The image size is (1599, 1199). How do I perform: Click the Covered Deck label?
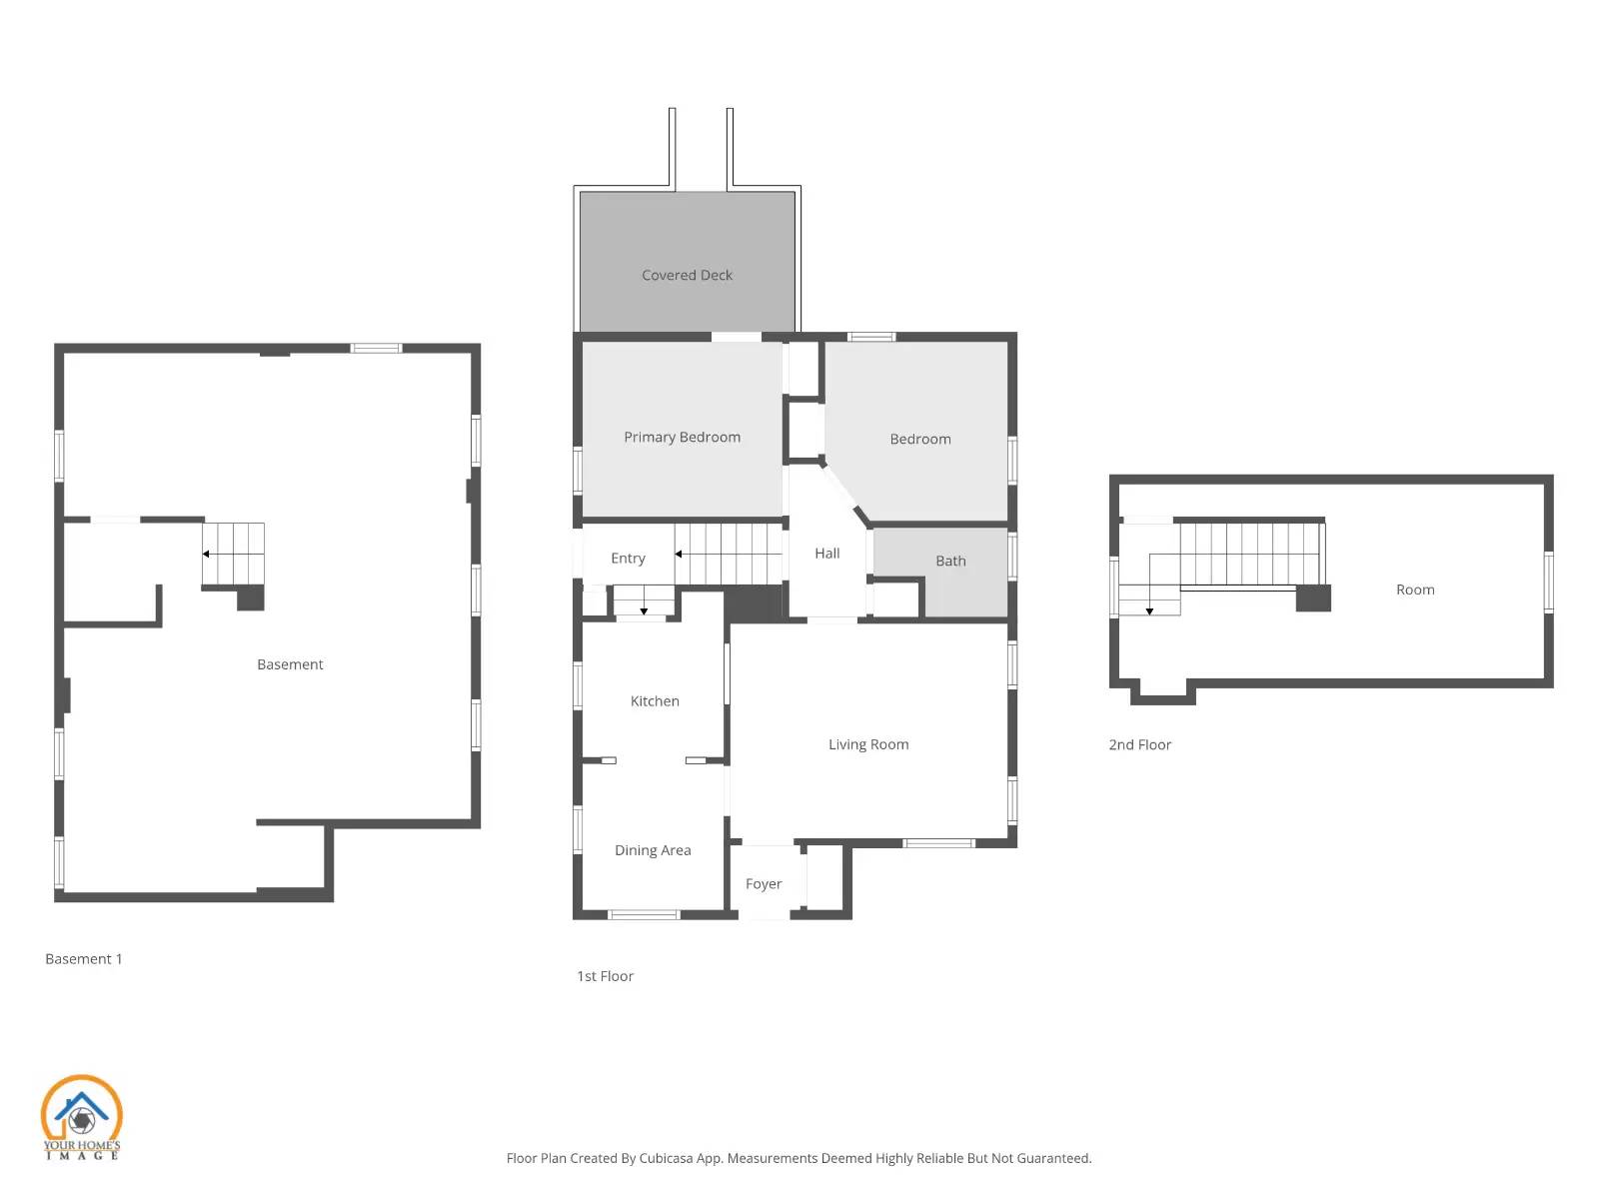click(x=687, y=275)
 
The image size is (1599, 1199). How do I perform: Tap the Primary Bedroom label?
click(x=682, y=437)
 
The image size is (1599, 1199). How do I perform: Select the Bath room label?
click(x=950, y=561)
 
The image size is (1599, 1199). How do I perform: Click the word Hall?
click(x=826, y=553)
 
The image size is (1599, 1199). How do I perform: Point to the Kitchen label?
click(x=655, y=701)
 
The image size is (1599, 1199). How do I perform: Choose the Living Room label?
click(x=867, y=744)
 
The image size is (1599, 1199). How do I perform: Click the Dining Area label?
click(x=653, y=850)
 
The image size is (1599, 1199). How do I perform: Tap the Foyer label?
click(x=764, y=884)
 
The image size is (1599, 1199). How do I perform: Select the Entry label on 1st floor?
click(x=628, y=559)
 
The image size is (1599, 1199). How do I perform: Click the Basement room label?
click(x=290, y=664)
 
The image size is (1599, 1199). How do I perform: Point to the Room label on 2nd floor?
click(x=1415, y=590)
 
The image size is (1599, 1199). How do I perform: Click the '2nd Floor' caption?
click(x=1139, y=744)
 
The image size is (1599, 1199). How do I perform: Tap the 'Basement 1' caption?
click(x=84, y=959)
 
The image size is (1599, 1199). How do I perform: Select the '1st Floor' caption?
click(x=605, y=976)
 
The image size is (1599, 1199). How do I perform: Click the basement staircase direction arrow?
click(x=206, y=554)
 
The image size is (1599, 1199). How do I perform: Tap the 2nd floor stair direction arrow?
click(x=1149, y=610)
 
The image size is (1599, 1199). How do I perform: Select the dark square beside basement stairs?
click(x=250, y=598)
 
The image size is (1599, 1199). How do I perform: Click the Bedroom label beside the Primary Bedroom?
click(x=919, y=439)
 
